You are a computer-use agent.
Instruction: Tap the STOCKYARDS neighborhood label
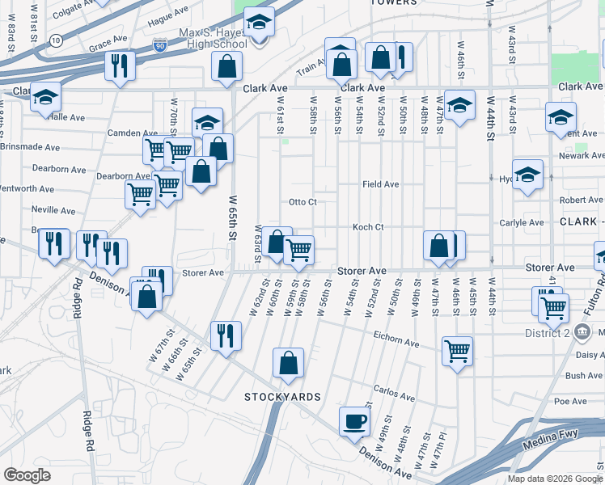(x=283, y=397)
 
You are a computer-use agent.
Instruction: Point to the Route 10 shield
(x=54, y=40)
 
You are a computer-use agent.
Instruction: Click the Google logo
(x=27, y=474)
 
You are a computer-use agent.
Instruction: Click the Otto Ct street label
(x=302, y=201)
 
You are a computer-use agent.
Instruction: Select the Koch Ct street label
(x=367, y=227)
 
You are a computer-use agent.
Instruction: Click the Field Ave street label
(x=380, y=184)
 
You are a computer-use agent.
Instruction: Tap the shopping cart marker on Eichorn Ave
(x=457, y=352)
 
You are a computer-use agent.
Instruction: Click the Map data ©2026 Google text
(x=554, y=478)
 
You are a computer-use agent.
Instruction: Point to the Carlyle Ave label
(x=525, y=222)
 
